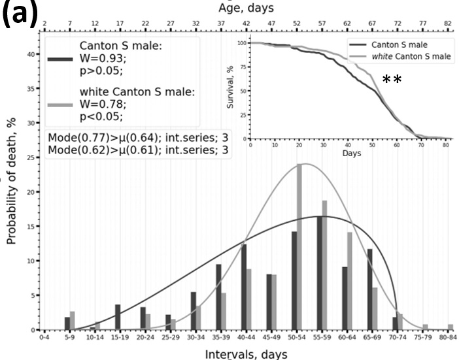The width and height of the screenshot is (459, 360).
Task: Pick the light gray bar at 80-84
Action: [450, 327]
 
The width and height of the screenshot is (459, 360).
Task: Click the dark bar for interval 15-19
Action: [118, 318]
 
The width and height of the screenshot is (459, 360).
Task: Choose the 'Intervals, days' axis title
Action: [245, 353]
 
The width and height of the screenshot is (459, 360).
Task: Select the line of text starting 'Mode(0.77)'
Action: [138, 138]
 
